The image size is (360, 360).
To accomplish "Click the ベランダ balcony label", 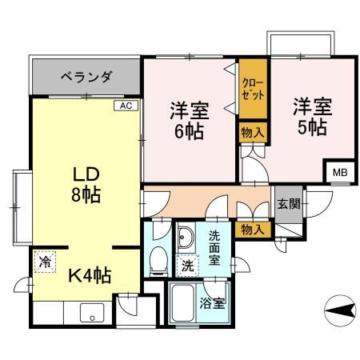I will pos(86,77).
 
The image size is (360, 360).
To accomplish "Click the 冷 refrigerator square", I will pos(45,260).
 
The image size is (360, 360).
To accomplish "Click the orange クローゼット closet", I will pos(251,89).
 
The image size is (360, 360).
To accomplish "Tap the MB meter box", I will pos(338,171).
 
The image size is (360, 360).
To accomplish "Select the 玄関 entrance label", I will pos(288,203).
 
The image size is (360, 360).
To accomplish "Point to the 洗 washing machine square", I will pos(186,265).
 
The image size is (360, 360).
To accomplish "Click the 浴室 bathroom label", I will pos(213,303).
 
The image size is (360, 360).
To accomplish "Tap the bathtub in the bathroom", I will pos(184,303).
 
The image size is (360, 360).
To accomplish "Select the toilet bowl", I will pos(158,259).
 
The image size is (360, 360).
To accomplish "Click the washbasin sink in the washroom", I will pos(186,238).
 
